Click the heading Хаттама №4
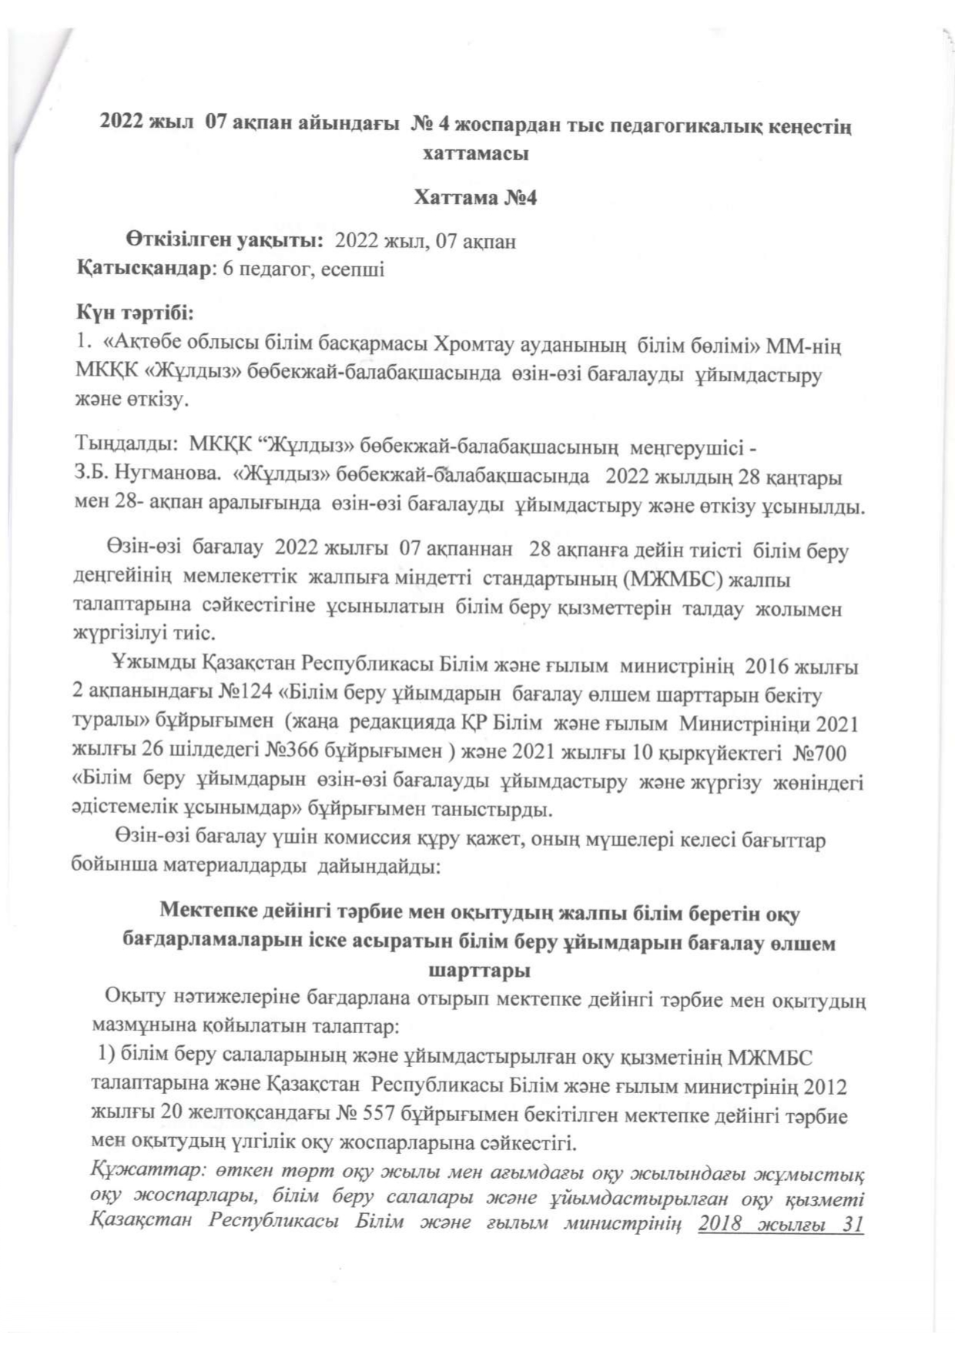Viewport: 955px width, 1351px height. coord(475,198)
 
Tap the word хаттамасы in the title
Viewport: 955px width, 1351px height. coord(475,152)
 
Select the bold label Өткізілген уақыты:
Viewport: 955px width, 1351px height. coord(226,241)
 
